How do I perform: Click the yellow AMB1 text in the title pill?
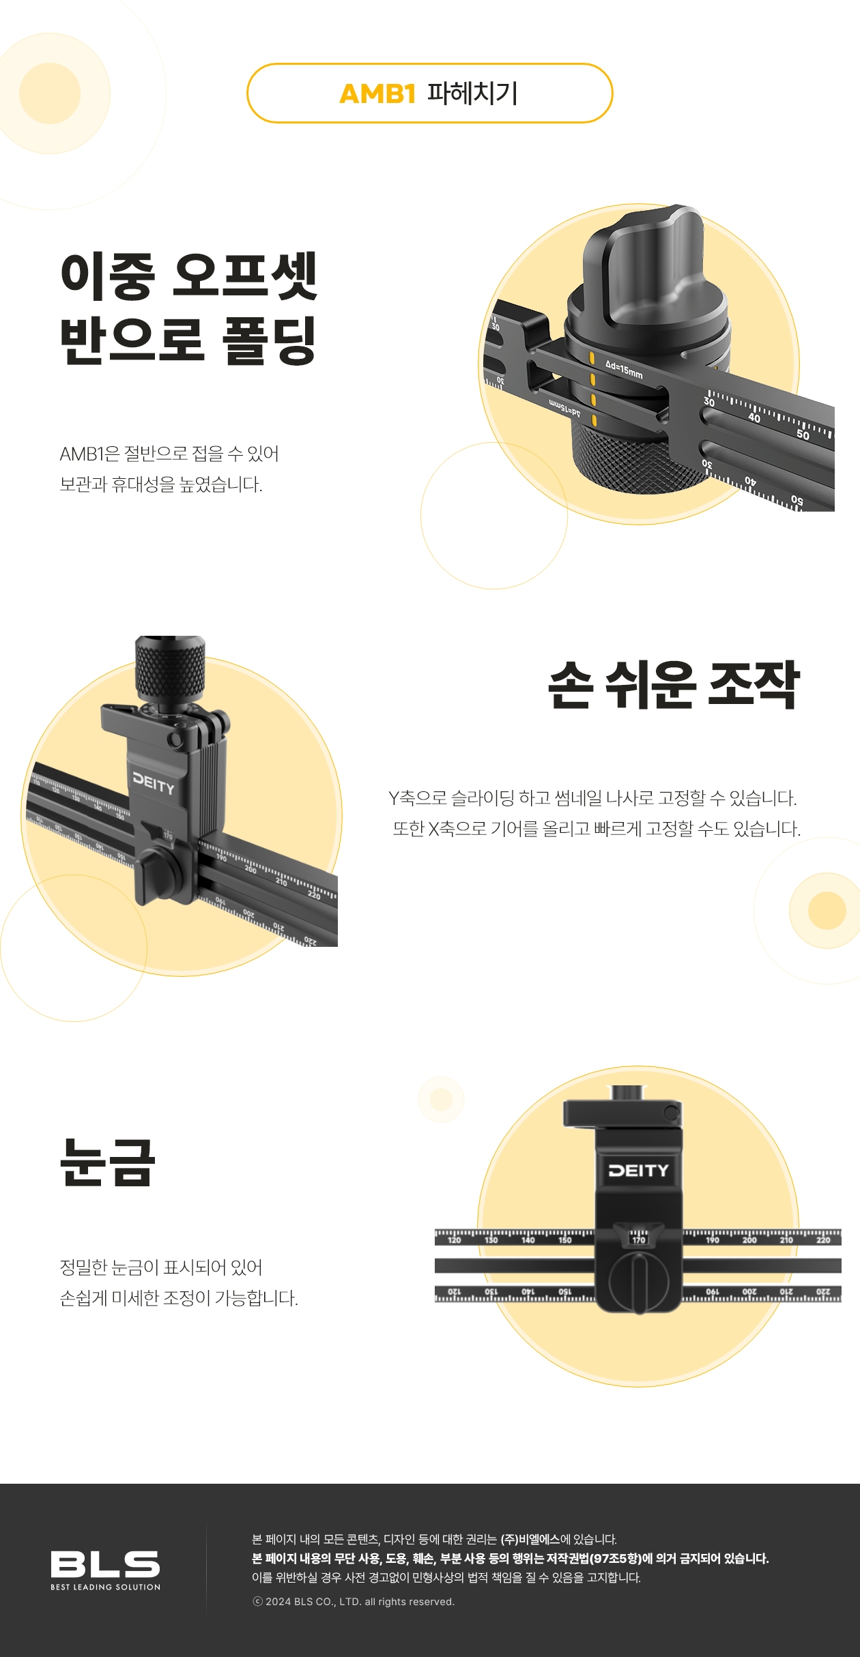(377, 94)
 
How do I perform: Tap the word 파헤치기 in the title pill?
(472, 93)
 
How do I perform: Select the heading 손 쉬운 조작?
(674, 684)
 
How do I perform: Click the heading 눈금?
(108, 1162)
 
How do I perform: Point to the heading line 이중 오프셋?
(189, 276)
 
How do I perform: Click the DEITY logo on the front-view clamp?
(638, 1171)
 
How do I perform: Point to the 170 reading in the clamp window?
(638, 1240)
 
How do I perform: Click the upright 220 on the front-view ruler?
(823, 1240)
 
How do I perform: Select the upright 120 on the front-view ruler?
(454, 1240)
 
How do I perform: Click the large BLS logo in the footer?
(105, 1564)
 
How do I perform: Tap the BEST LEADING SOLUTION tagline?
(105, 1587)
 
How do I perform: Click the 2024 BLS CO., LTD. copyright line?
(354, 1602)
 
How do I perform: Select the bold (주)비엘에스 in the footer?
(530, 1540)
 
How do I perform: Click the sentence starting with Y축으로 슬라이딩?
(592, 797)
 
